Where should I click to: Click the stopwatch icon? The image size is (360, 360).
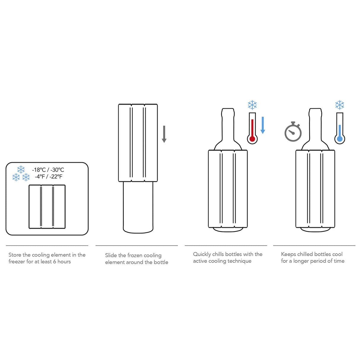point(293,132)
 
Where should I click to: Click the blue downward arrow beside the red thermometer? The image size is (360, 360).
point(262,125)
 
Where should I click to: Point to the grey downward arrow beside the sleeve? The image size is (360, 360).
point(164,134)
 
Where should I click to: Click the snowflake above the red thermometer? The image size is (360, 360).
point(252,105)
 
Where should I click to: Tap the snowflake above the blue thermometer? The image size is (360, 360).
point(340,105)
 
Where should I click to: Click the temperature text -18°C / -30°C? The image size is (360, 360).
point(48,170)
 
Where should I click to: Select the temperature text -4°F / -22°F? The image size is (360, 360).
point(48,177)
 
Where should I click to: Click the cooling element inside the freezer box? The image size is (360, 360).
point(47,207)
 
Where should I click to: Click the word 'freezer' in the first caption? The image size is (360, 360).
point(17,262)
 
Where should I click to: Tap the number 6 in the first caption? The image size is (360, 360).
point(55,262)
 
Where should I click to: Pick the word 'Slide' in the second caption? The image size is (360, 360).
point(111,255)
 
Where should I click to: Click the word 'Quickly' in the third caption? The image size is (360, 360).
point(202,254)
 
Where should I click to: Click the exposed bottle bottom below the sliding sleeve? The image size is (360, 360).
point(138,208)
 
